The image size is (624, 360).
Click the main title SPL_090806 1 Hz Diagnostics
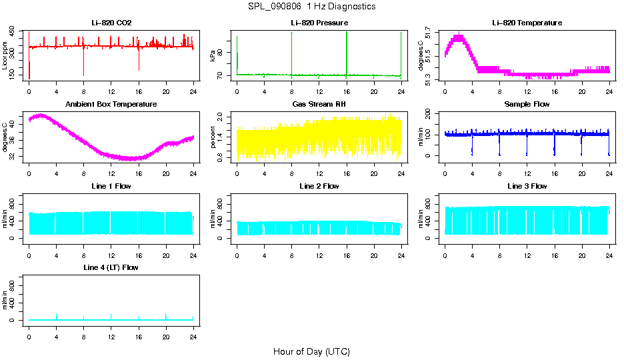pyautogui.click(x=311, y=7)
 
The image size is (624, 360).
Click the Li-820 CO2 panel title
pyautogui.click(x=111, y=23)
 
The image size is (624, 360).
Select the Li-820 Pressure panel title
pyautogui.click(x=319, y=23)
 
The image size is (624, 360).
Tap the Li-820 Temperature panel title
pyautogui.click(x=527, y=23)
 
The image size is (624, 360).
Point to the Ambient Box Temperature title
pyautogui.click(x=111, y=104)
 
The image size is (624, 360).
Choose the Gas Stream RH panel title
pyautogui.click(x=319, y=104)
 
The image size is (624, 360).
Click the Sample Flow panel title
pyautogui.click(x=527, y=104)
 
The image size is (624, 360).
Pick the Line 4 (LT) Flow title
pyautogui.click(x=111, y=267)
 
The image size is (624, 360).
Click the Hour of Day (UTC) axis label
pyautogui.click(x=311, y=351)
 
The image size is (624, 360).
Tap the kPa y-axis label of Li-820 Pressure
pyautogui.click(x=213, y=55)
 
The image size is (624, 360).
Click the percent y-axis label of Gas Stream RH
pyautogui.click(x=213, y=137)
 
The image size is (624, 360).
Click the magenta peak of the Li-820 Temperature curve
pyautogui.click(x=458, y=37)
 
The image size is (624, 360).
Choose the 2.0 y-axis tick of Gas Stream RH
pyautogui.click(x=229, y=117)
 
